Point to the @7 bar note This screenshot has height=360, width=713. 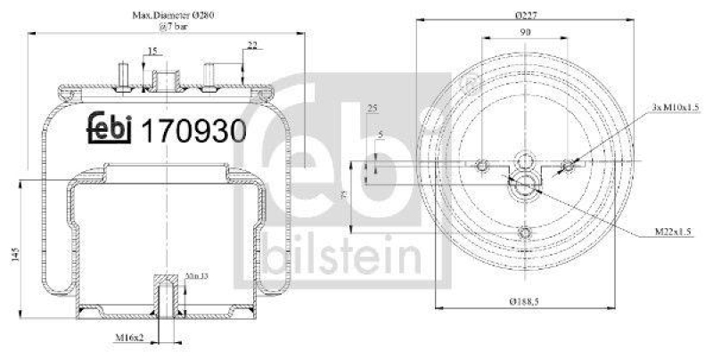tap(164, 27)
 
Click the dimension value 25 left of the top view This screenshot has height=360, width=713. tap(373, 108)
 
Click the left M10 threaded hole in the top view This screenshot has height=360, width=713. tap(483, 165)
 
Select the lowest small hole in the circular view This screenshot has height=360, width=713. tap(525, 233)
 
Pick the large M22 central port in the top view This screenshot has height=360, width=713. tap(525, 185)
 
